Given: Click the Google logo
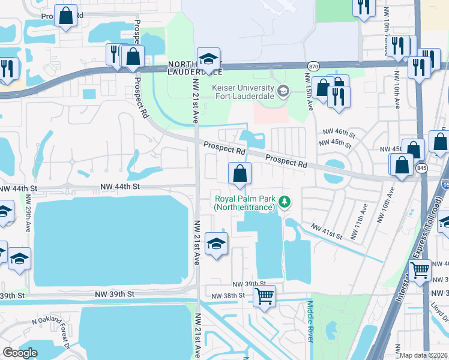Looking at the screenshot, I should [20, 353].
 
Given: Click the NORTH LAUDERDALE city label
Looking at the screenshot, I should [195, 68].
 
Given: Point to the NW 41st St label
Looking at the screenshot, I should [325, 232].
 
